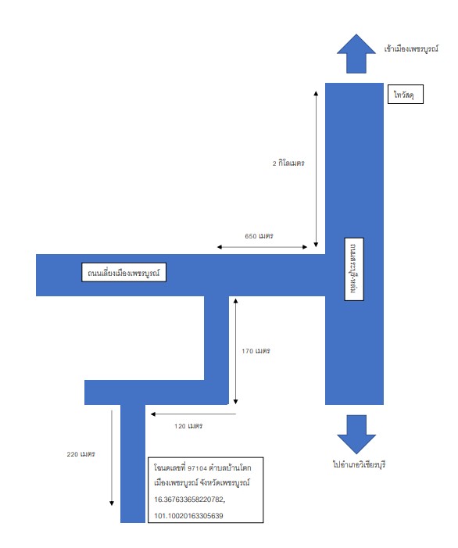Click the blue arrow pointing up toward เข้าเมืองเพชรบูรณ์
point(356,53)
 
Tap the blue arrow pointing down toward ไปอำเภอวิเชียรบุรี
point(356,435)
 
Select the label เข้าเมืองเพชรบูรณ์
point(411,49)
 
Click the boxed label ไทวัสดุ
point(406,94)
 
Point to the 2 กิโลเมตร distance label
point(288,163)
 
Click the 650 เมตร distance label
point(259,236)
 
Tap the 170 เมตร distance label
point(256,351)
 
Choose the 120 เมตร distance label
point(188,426)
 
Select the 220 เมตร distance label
point(81,454)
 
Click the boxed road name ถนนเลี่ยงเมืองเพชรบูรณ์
point(123,273)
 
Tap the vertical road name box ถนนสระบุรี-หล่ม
point(354,269)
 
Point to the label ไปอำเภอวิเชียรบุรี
point(360,465)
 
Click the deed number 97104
point(198,468)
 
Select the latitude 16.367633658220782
point(190,500)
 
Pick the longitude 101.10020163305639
point(188,516)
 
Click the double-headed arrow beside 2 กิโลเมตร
point(316,169)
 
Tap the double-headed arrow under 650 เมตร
point(262,247)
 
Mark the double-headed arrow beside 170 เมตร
point(235,351)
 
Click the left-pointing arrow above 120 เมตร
point(193,414)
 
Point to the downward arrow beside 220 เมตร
point(112,458)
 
